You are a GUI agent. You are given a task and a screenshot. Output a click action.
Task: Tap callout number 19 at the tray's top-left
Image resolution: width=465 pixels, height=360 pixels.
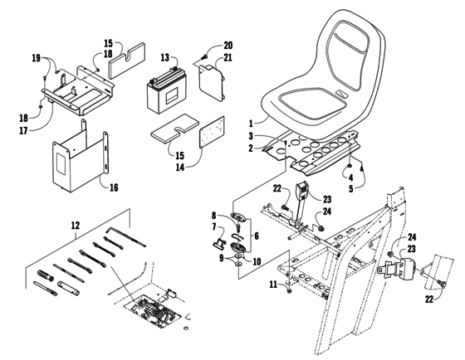point(36,59)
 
